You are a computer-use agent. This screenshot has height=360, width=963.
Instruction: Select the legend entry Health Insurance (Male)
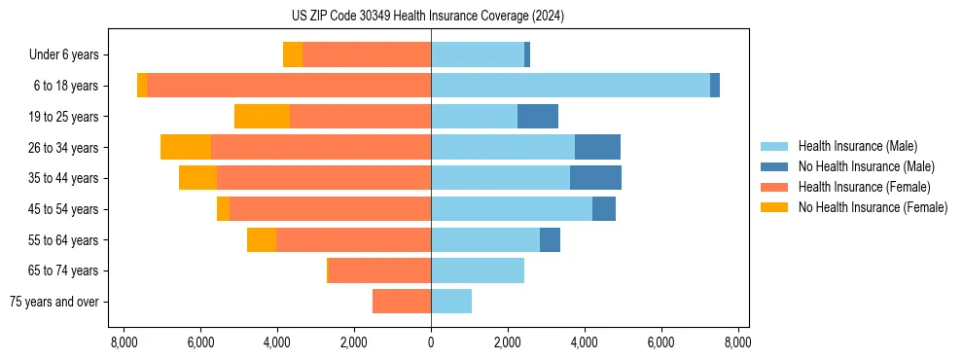[857, 146]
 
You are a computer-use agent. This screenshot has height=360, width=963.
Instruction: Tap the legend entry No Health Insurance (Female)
[873, 207]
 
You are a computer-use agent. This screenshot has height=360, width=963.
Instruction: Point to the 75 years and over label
[53, 302]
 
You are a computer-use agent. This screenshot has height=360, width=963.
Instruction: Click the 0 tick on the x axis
[431, 342]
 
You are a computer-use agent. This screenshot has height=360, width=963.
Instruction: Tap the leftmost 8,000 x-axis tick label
[124, 342]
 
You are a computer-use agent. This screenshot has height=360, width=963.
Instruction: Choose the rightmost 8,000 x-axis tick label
[737, 342]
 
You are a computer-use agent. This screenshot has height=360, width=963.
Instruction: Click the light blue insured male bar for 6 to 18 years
[570, 86]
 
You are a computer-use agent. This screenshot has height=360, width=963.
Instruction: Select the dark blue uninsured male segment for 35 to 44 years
[595, 178]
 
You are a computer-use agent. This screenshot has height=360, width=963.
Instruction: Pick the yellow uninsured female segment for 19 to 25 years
[262, 117]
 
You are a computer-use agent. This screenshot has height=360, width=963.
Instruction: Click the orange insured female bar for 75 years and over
[402, 302]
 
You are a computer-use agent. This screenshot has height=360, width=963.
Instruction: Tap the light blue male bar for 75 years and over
[451, 302]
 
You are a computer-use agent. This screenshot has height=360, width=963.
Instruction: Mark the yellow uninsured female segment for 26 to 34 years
[186, 147]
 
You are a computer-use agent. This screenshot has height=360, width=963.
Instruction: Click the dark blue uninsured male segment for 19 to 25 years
[538, 117]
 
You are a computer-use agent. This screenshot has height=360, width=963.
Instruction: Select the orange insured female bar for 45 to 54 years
[330, 209]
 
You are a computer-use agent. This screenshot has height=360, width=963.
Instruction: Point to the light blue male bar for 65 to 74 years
[478, 270]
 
